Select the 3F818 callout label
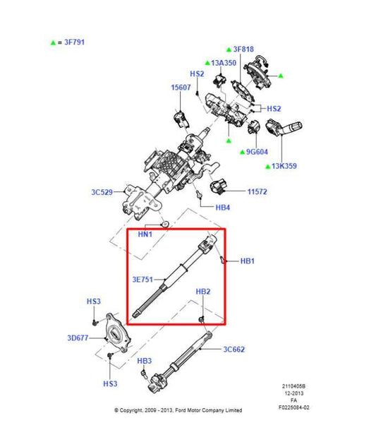click(243, 49)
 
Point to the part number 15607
click(180, 88)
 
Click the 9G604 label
click(257, 151)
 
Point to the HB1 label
click(247, 261)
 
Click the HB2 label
click(202, 292)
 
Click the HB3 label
click(145, 361)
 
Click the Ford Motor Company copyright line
click(178, 410)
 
